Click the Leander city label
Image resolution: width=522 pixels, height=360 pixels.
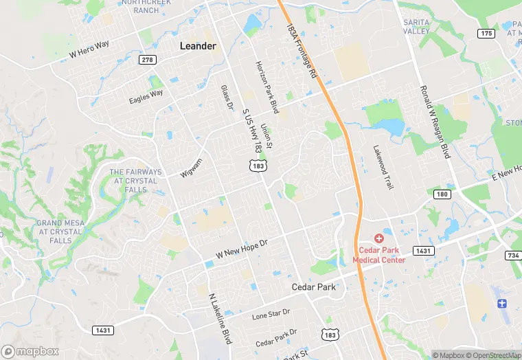coord(198,46)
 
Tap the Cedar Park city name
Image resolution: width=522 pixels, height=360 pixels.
coord(313,287)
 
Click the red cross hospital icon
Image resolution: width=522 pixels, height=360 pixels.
coord(378,237)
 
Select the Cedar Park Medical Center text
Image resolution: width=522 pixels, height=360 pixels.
coord(378,254)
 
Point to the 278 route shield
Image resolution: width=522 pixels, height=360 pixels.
coord(147,60)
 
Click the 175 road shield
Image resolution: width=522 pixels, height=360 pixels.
coord(486,34)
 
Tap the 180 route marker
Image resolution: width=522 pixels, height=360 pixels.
coord(442,194)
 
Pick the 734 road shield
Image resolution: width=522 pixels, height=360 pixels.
coord(513,256)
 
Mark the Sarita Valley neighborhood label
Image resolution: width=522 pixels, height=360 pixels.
coord(416,27)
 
